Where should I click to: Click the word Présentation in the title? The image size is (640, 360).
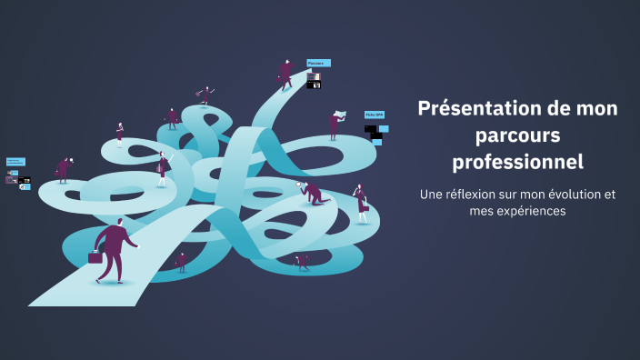[x=473, y=109]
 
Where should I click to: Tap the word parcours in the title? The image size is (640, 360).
[x=517, y=135]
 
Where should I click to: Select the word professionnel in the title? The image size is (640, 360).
[x=517, y=163]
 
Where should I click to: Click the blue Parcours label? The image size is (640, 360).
[x=317, y=63]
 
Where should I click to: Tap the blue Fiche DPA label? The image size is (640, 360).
[x=373, y=115]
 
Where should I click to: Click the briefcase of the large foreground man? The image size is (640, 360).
[x=95, y=257]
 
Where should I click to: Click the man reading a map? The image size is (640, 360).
[x=335, y=124]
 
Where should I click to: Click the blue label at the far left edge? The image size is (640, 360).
[x=15, y=161]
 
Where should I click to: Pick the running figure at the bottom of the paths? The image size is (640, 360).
[x=302, y=262]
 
